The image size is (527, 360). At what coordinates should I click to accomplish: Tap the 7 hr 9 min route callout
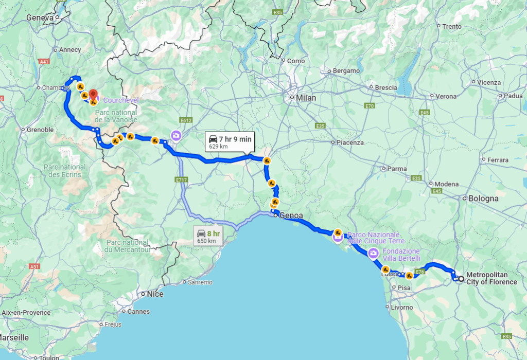pos(230,142)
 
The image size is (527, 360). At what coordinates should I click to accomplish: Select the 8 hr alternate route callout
pos(208,237)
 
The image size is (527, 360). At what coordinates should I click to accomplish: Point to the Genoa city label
pos(291,215)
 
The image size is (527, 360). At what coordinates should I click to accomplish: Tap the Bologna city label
pos(483,199)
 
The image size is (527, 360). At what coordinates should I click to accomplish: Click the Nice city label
pos(154,294)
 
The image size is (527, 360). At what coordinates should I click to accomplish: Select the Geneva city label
pos(40,17)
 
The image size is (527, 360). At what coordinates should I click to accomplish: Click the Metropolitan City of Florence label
pos(491,278)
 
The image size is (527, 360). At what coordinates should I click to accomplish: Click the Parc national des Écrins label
pos(65,171)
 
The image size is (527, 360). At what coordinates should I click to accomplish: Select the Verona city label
pos(446,96)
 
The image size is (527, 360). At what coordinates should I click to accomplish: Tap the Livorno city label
pos(401,308)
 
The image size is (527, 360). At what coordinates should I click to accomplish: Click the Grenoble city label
pos(40,130)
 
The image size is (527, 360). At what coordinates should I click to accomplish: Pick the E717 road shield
pos(180,180)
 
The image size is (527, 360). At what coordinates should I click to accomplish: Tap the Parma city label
pos(397,169)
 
